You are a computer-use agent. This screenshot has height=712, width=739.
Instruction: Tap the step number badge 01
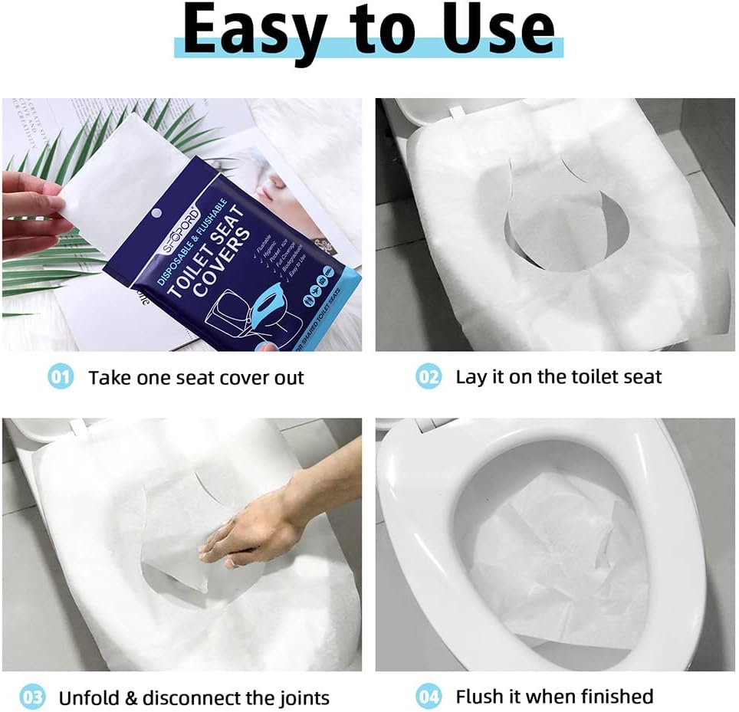point(61,377)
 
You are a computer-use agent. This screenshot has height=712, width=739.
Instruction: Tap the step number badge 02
point(429,377)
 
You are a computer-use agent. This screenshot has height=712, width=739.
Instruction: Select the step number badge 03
point(32,697)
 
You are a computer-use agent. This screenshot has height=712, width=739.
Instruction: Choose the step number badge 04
point(429,697)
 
